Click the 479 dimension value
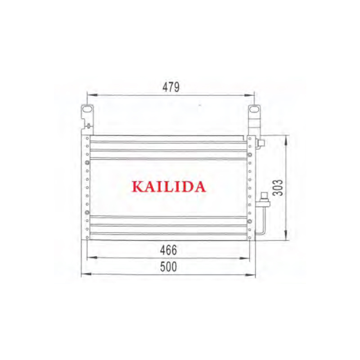coord(171,87)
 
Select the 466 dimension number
coord(168,250)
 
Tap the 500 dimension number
coord(168,266)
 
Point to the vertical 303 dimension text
coord(278,188)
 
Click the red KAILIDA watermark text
coord(169,187)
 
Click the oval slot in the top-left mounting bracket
coord(87,109)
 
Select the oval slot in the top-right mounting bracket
coord(253,109)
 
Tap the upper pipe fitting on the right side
coord(261,143)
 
